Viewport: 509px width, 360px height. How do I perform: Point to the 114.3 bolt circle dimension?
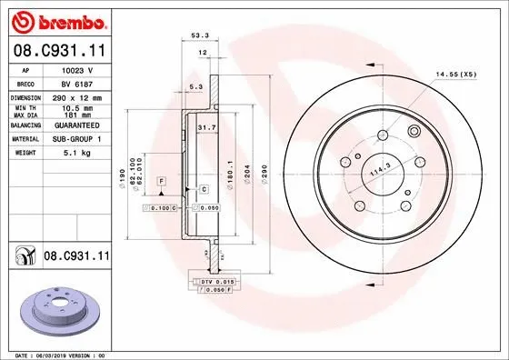point(381,168)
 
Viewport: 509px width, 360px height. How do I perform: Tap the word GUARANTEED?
point(72,125)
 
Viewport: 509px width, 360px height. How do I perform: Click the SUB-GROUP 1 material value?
point(74,139)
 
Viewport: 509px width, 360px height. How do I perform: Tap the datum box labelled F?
point(159,182)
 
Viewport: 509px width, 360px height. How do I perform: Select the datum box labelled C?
point(204,189)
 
